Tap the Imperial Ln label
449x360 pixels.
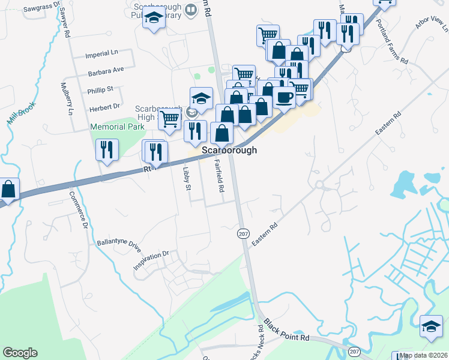(x=101, y=53)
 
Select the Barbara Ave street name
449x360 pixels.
(x=105, y=70)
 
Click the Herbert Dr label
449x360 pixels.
(x=104, y=107)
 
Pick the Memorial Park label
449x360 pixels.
(x=117, y=127)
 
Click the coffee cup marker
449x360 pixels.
(x=285, y=97)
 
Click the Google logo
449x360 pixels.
(x=20, y=353)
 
